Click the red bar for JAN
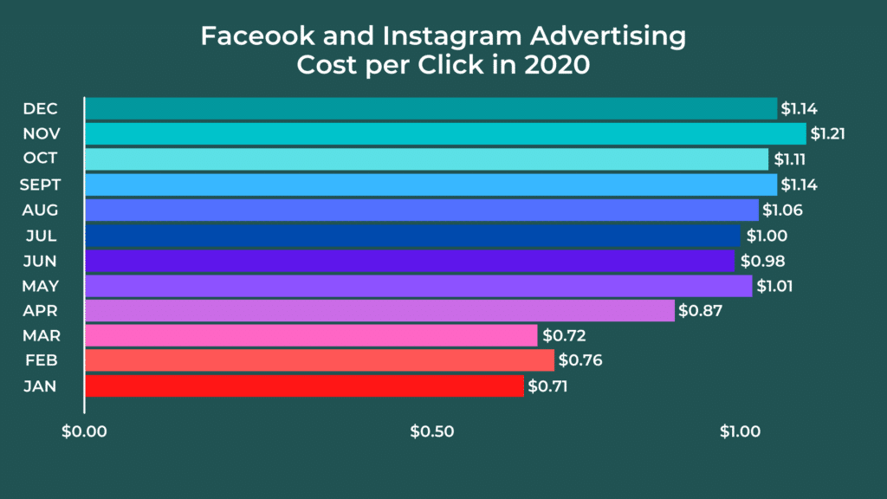tap(304, 386)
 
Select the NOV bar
tap(445, 133)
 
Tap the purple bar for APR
tap(379, 310)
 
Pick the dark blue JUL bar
tap(412, 235)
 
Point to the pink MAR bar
tap(311, 335)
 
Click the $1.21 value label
tap(828, 134)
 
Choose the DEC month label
tap(40, 109)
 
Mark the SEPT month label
tap(39, 185)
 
